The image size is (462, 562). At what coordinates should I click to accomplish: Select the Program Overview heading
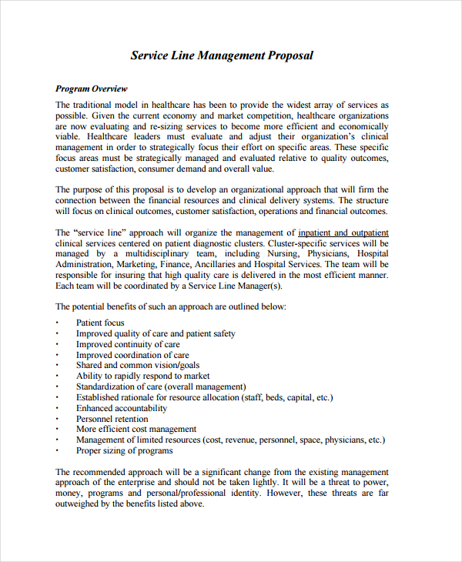coord(92,89)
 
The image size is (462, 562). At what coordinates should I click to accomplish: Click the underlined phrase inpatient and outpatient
coord(343,232)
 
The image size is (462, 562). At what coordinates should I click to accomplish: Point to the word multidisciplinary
coord(166,253)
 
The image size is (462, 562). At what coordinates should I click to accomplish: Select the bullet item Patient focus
coord(100,323)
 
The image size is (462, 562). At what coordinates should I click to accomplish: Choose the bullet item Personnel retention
coord(112,419)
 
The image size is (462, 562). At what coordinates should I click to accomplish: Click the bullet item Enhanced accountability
coord(121,408)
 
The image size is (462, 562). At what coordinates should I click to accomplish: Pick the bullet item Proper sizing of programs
coord(124,450)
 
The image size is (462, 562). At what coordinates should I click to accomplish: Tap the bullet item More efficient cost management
coord(136,429)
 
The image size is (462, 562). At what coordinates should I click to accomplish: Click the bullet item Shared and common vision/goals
coord(137,365)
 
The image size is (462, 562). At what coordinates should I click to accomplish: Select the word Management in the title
coord(231,55)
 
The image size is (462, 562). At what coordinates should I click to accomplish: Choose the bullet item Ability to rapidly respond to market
coord(143,376)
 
